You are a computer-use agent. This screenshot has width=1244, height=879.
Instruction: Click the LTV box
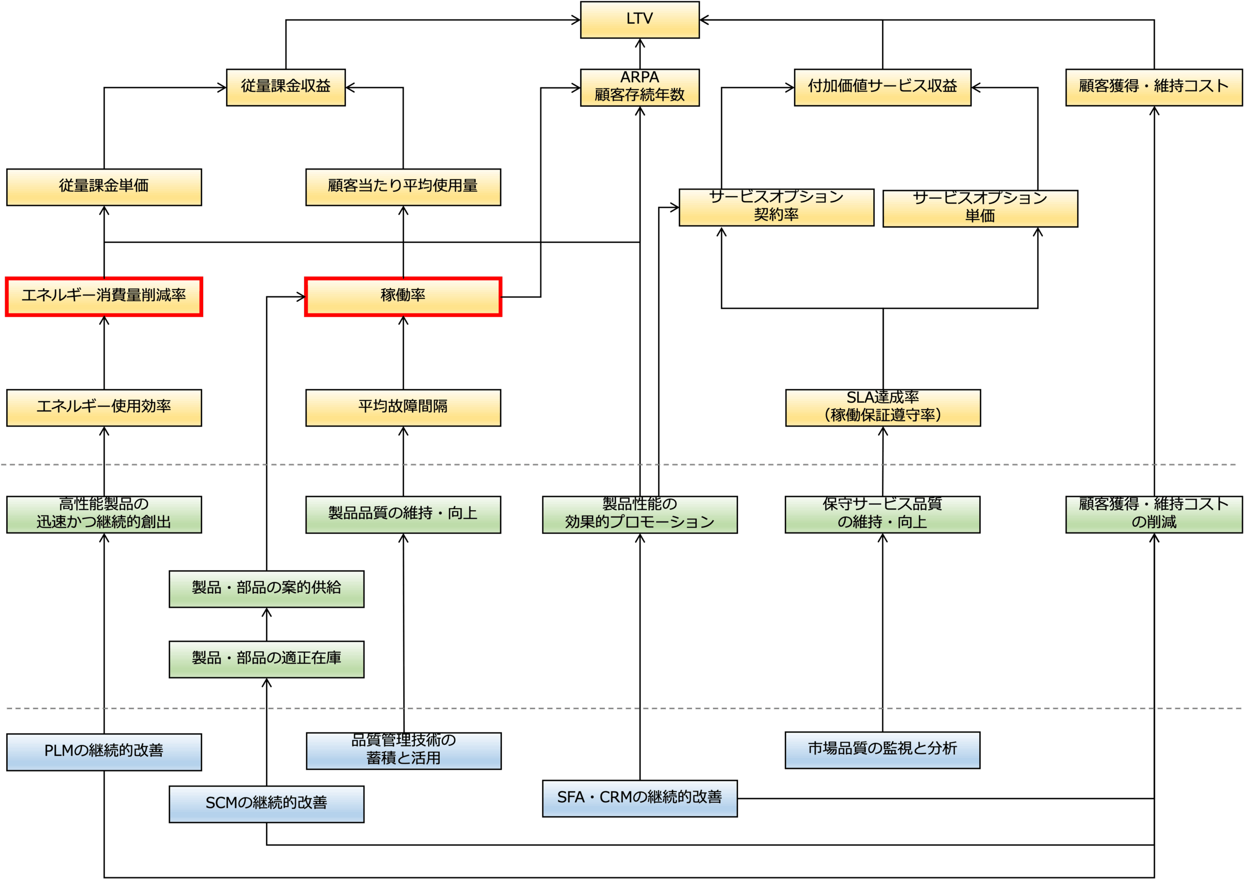click(639, 19)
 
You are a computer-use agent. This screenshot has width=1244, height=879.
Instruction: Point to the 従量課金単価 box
click(104, 187)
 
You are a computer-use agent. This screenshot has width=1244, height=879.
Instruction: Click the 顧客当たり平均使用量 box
click(402, 187)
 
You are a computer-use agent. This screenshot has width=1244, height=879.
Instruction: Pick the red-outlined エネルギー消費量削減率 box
click(104, 296)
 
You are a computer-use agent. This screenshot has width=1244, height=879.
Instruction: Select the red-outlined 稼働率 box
click(402, 296)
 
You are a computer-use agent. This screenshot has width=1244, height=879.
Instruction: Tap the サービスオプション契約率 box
click(776, 207)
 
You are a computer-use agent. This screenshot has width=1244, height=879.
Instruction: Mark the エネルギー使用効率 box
click(104, 408)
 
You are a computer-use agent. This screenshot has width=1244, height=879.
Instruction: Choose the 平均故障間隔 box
click(402, 408)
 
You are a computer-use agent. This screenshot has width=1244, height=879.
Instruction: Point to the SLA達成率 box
click(882, 408)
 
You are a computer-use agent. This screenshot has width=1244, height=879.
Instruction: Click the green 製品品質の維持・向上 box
click(402, 514)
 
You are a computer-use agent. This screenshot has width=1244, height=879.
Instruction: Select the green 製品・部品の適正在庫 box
click(266, 659)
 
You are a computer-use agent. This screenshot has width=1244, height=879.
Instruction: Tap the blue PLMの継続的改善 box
click(104, 752)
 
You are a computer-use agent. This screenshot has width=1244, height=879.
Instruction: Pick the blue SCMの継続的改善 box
click(266, 804)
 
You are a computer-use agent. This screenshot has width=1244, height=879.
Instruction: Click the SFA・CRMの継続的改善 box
click(639, 798)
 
